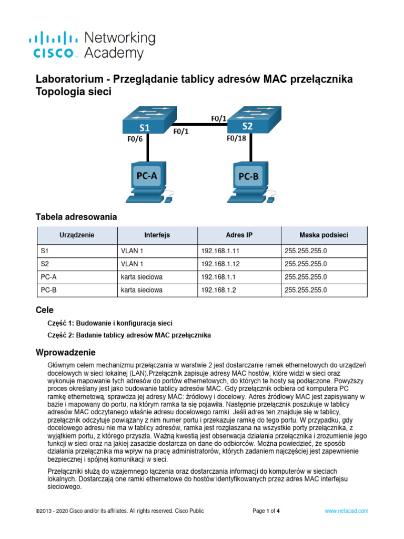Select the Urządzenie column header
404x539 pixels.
(77, 235)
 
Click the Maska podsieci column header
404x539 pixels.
(324, 235)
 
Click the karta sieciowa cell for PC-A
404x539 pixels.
(142, 277)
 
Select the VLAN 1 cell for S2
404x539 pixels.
(132, 264)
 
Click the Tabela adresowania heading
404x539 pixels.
(76, 217)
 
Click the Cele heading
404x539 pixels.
(45, 311)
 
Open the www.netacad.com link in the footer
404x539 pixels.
(346, 511)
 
